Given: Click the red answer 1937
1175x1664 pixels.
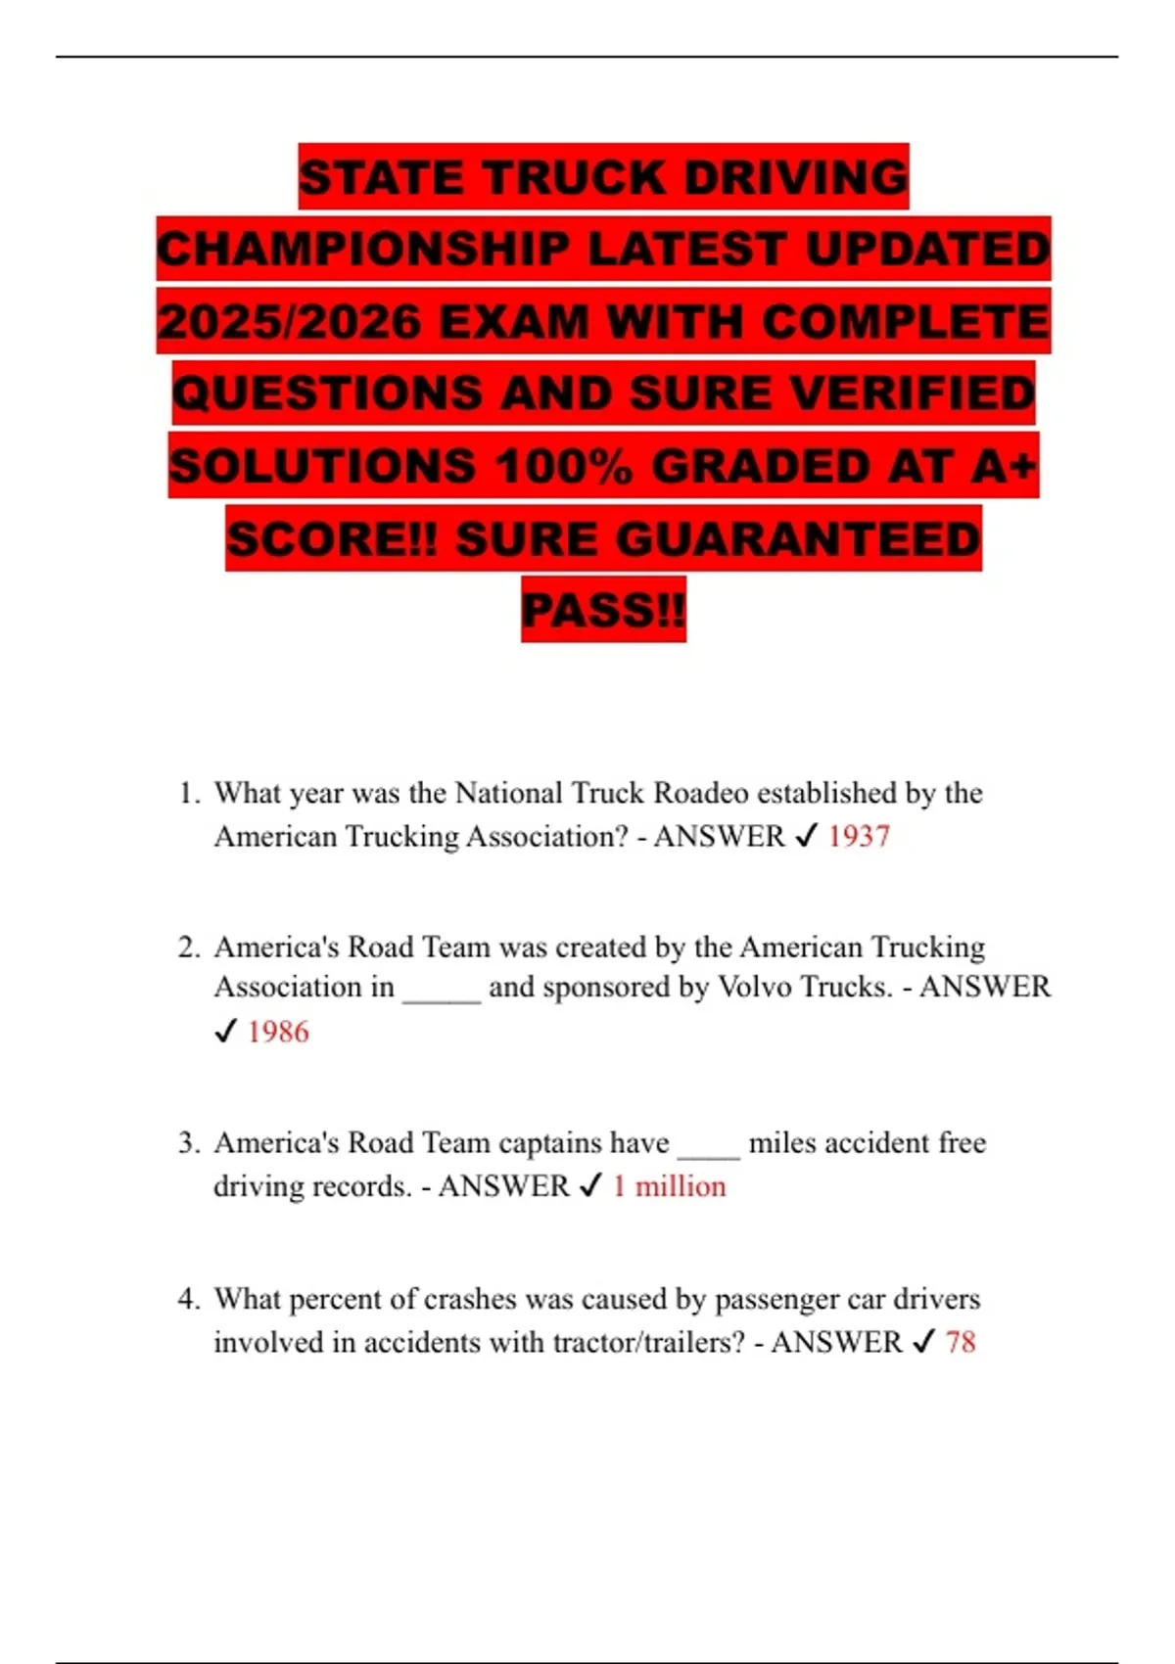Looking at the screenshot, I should pyautogui.click(x=859, y=837).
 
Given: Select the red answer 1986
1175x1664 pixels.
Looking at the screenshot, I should pyautogui.click(x=278, y=1032).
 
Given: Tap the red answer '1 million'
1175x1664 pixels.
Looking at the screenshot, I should pyautogui.click(x=670, y=1186).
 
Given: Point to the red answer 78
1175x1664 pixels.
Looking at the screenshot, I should pyautogui.click(x=961, y=1342).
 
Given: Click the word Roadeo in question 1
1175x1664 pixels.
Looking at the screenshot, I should pyautogui.click(x=700, y=793).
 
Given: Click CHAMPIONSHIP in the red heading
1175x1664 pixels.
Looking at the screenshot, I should pyautogui.click(x=363, y=250).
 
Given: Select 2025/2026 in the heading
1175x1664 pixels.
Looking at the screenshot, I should pyautogui.click(x=290, y=321).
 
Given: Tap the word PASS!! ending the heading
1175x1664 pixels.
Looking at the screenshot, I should pyautogui.click(x=603, y=610).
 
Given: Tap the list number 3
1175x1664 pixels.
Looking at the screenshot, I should pyautogui.click(x=189, y=1143).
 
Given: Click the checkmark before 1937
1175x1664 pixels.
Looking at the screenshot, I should pyautogui.click(x=806, y=837).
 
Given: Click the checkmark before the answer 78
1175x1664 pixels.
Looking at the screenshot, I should pyautogui.click(x=923, y=1342).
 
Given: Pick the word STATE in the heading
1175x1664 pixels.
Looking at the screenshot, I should pyautogui.click(x=382, y=177).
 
